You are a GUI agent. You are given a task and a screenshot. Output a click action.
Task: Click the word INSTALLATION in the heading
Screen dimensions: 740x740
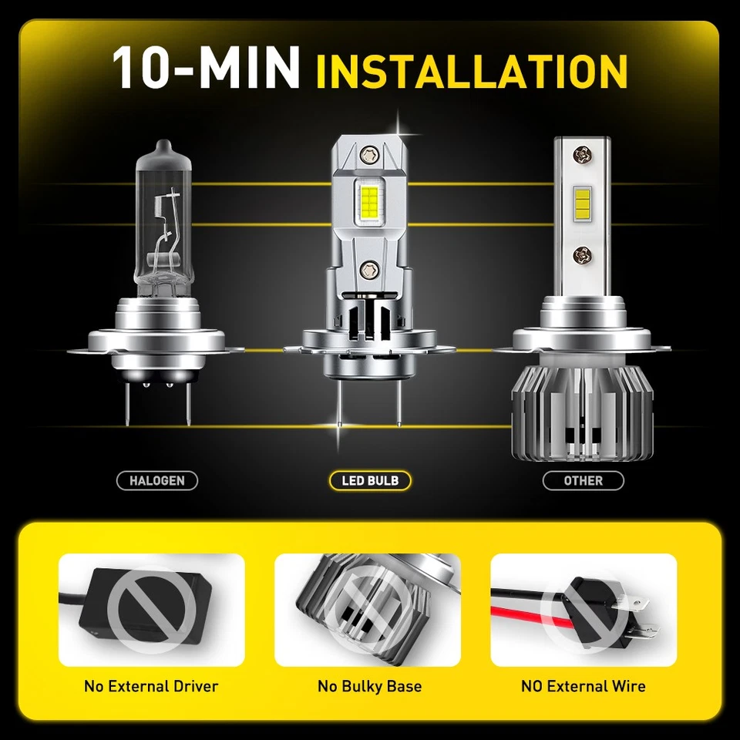coord(472,71)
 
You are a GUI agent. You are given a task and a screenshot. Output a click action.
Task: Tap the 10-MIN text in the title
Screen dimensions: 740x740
coord(206,69)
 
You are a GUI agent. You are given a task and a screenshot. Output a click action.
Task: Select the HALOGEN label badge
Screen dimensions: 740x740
coord(157,481)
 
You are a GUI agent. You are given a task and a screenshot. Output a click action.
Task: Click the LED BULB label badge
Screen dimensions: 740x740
coord(370,481)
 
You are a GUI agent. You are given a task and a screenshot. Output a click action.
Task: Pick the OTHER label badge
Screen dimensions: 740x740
coord(583,481)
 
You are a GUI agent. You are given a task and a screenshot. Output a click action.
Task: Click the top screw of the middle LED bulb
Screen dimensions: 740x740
coord(370,153)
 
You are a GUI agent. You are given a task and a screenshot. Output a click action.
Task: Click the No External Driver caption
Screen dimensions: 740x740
coord(151,686)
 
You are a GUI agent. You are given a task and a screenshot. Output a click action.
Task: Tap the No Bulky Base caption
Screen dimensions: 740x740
coord(369,686)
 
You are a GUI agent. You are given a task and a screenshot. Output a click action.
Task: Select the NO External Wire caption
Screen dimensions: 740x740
coord(584,686)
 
